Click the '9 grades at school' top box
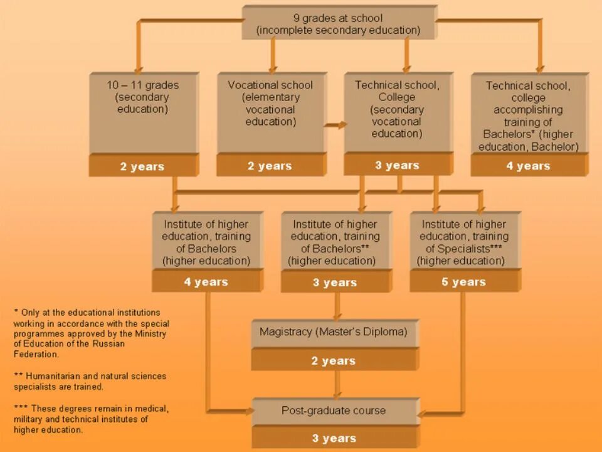[338, 24]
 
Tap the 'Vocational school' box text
[270, 103]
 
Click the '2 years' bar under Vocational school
[270, 166]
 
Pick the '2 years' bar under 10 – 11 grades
[142, 166]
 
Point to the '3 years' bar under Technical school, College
[397, 165]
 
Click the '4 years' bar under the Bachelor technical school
[529, 166]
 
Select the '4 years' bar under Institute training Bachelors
[206, 282]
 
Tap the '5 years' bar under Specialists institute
[463, 282]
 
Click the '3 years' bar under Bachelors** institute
[335, 282]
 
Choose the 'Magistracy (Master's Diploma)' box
[334, 331]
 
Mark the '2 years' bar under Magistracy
[334, 360]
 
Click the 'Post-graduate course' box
[334, 411]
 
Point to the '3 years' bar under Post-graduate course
[334, 438]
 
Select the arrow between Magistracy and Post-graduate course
[337, 384]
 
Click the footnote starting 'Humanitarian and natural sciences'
[90, 381]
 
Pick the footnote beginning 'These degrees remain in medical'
[90, 419]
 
